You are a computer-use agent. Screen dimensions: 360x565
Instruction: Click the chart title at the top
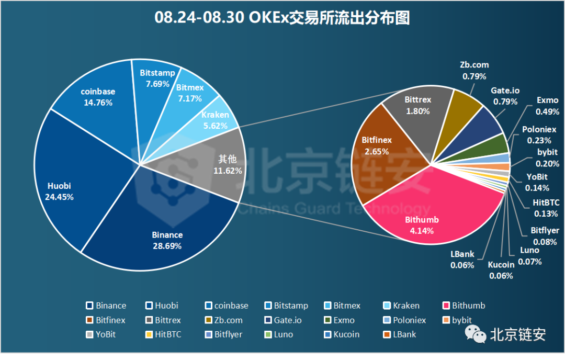pos(282,18)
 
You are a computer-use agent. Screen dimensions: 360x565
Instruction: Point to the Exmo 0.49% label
pos(547,106)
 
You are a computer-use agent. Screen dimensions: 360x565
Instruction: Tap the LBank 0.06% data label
pos(462,260)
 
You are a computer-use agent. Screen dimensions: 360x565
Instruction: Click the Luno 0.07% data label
pos(529,256)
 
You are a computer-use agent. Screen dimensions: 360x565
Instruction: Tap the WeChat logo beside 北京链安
pos(476,334)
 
